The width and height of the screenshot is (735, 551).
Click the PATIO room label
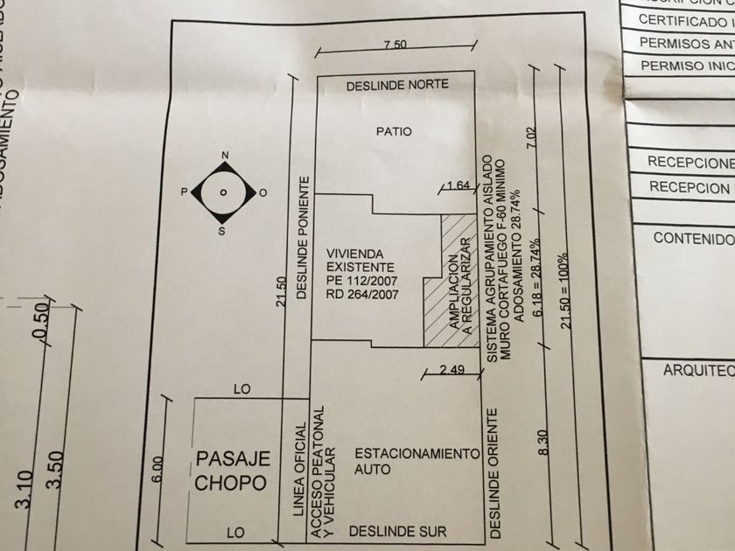point(394,132)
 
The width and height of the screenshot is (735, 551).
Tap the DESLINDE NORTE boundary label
point(397,86)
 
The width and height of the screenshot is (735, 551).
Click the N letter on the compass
point(225,157)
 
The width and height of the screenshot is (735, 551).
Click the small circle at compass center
point(224,192)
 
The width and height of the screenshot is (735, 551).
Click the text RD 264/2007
point(362,295)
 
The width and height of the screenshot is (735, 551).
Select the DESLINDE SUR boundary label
point(397,531)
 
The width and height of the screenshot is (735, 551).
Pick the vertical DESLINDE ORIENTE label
point(496,472)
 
